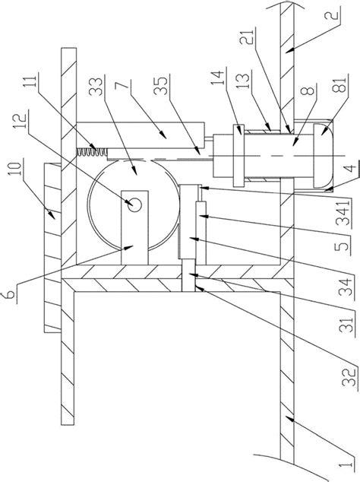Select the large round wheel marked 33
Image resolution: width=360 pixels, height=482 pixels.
pyautogui.click(x=134, y=205)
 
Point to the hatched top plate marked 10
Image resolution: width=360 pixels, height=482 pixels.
pyautogui.click(x=53, y=248)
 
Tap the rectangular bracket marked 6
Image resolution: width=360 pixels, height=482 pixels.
pyautogui.click(x=134, y=227)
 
